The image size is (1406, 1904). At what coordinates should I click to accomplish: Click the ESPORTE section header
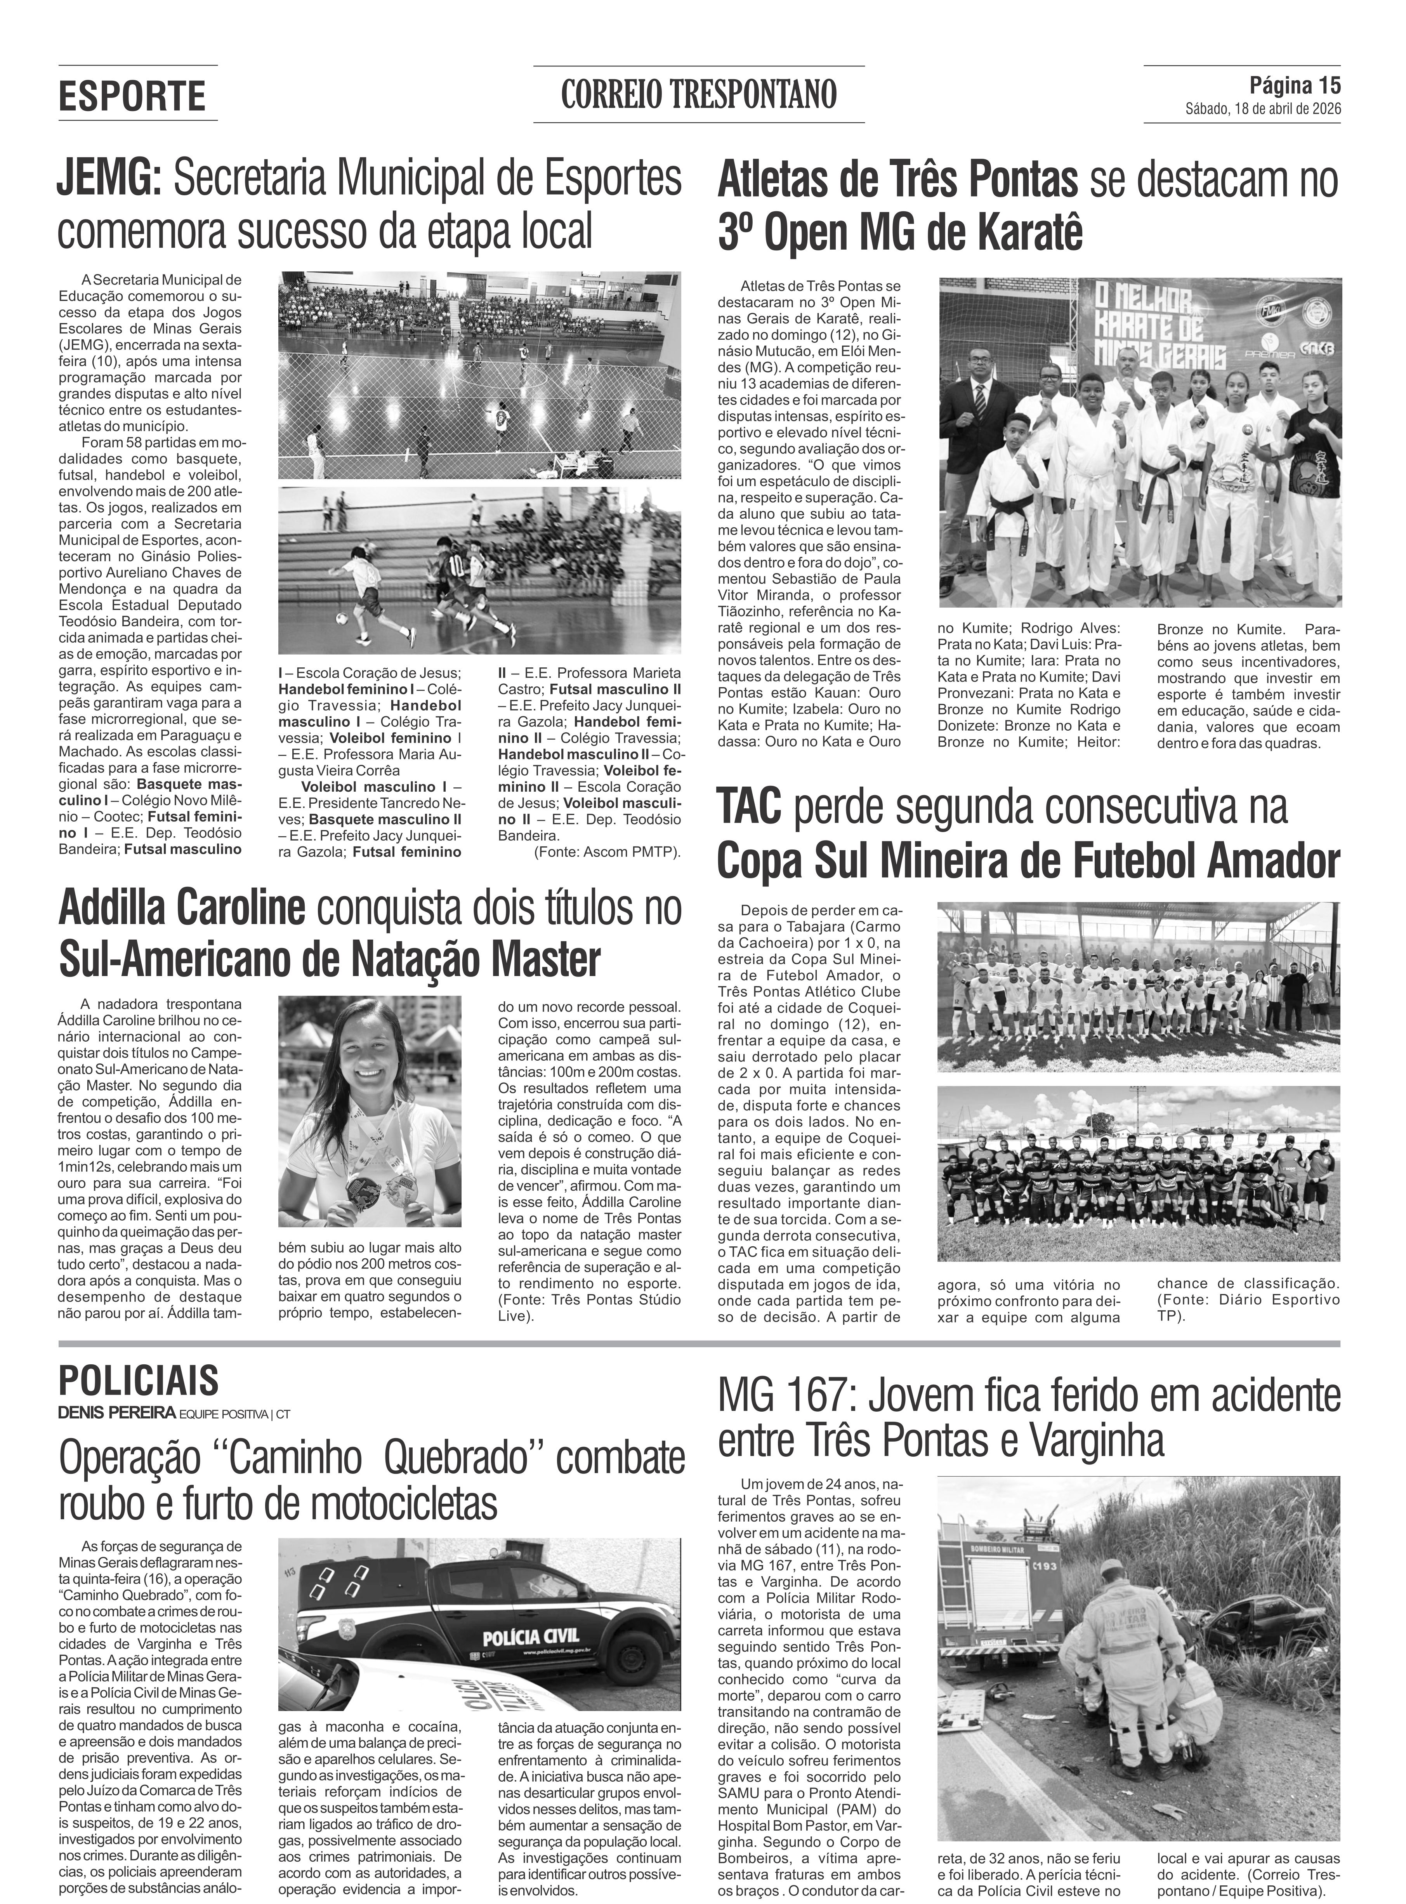click(132, 96)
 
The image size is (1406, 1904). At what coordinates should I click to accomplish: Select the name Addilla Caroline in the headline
click(181, 908)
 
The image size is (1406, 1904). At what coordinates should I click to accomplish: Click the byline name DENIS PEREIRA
click(116, 1413)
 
